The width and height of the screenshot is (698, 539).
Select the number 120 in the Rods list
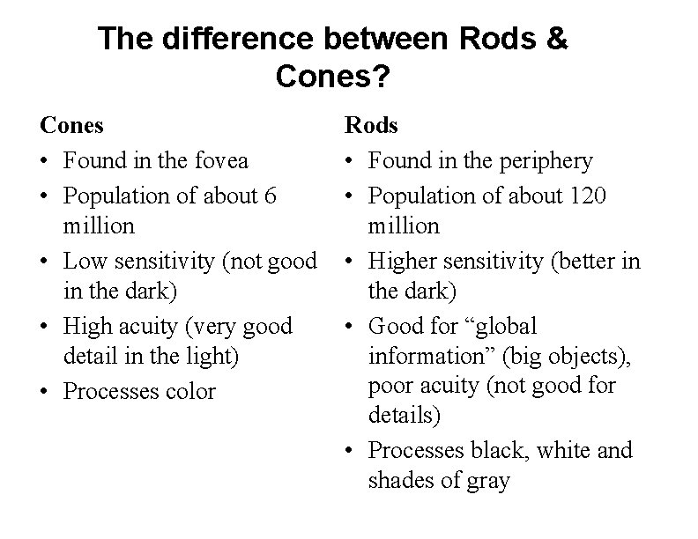point(586,195)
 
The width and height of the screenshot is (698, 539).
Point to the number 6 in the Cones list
point(270,195)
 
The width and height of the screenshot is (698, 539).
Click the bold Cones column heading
point(72,126)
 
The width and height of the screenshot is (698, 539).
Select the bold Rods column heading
point(371,126)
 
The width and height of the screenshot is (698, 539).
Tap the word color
point(189,391)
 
